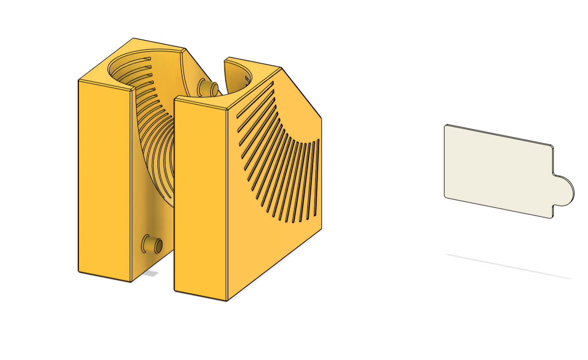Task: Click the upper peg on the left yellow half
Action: pyautogui.click(x=207, y=88)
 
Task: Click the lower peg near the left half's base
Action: pyautogui.click(x=152, y=244)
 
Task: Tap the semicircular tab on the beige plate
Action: pyautogui.click(x=564, y=191)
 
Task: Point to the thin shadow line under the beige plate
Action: pyautogui.click(x=508, y=266)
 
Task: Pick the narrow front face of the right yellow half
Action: pyautogui.click(x=200, y=199)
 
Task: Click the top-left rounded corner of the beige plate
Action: pyautogui.click(x=446, y=127)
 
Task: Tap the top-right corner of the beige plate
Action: pyautogui.click(x=552, y=146)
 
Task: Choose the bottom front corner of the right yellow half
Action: pyautogui.click(x=227, y=300)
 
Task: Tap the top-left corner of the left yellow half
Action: pyautogui.click(x=79, y=81)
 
